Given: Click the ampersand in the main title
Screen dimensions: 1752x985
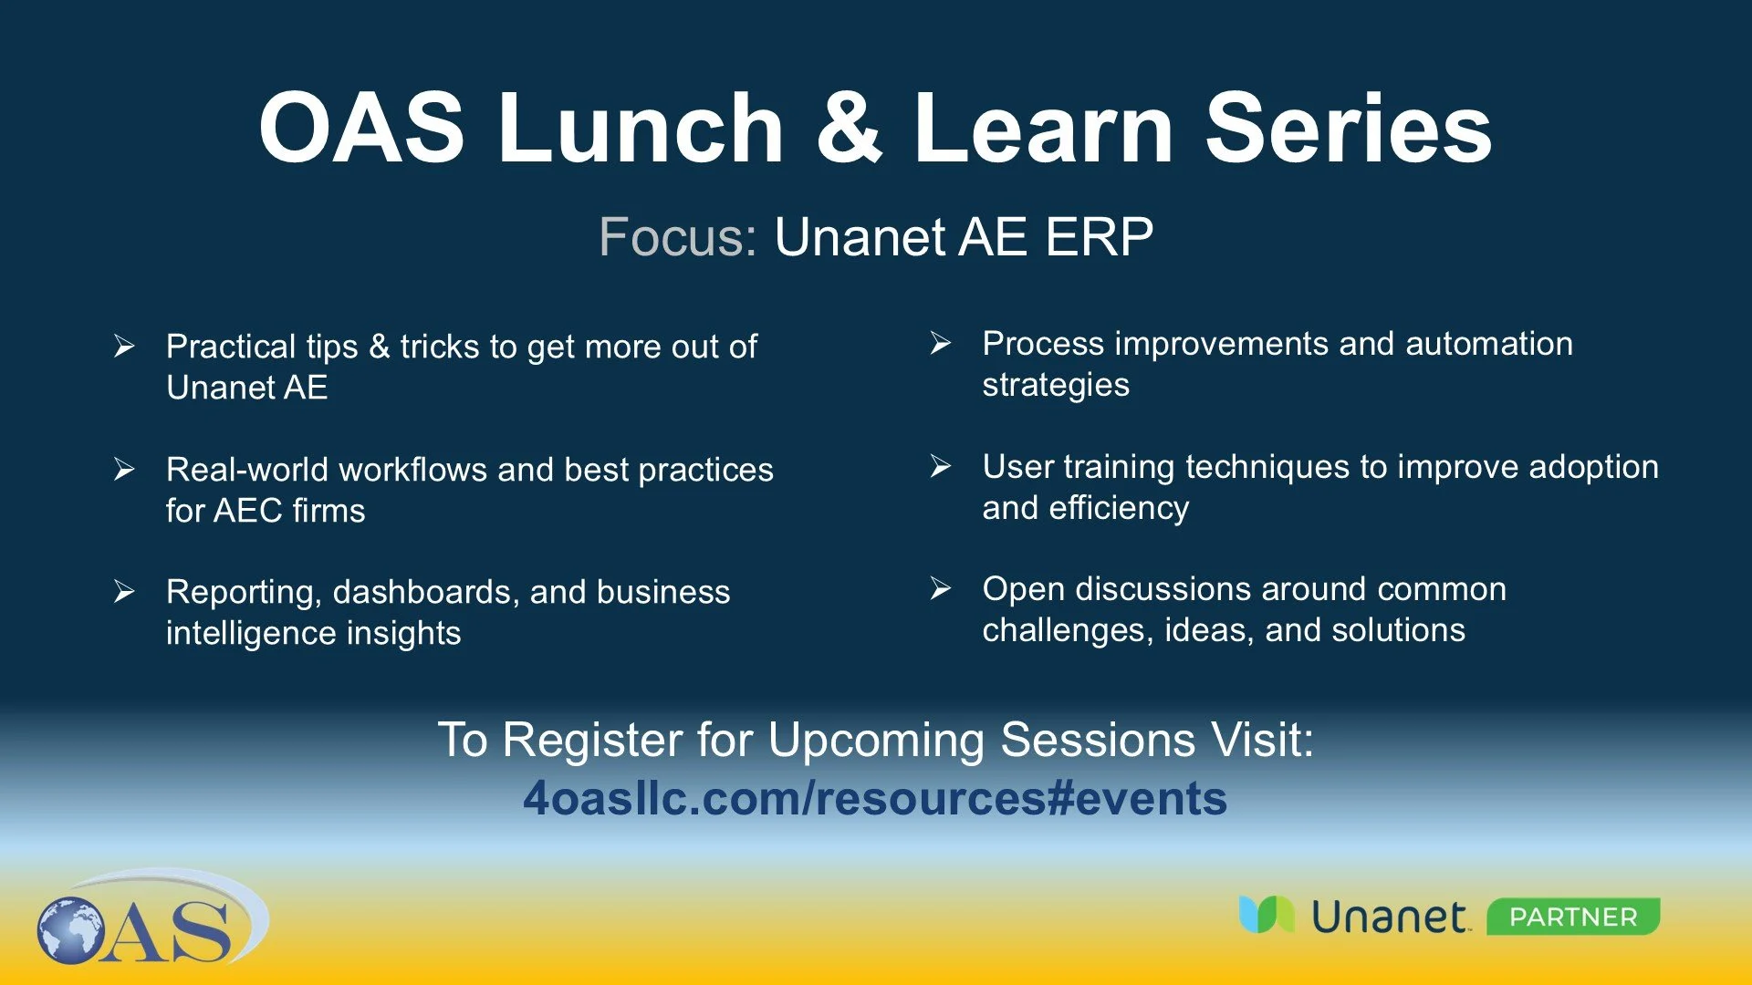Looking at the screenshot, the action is pyautogui.click(x=849, y=128).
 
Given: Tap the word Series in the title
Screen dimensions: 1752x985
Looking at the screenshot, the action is pyautogui.click(x=1349, y=128).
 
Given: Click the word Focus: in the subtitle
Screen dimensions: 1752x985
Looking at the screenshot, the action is pyautogui.click(x=678, y=237).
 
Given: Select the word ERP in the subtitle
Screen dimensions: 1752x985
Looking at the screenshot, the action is pyautogui.click(x=1099, y=237).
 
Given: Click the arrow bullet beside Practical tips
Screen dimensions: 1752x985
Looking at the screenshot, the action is pyautogui.click(x=124, y=347).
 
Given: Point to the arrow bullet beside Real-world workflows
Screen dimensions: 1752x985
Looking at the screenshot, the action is pyautogui.click(x=124, y=470).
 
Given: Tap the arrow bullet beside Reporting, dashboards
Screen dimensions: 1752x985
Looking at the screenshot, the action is pyautogui.click(x=124, y=592).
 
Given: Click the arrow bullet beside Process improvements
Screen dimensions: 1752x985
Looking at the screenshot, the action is pyautogui.click(x=941, y=344).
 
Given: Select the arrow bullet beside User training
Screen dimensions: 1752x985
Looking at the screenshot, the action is pyautogui.click(x=941, y=467).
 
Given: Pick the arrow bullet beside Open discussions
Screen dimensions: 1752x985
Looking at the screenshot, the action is pyautogui.click(x=941, y=589).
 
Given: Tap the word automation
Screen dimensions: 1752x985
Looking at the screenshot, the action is pyautogui.click(x=1489, y=344).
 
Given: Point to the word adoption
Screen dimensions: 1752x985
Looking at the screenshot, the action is pyautogui.click(x=1593, y=468).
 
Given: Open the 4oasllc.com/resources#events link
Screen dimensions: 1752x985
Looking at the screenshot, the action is pyautogui.click(x=875, y=798).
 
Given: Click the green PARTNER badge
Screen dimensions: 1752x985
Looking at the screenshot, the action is pyautogui.click(x=1573, y=917).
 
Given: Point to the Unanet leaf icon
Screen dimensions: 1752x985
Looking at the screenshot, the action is pyautogui.click(x=1267, y=914).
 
